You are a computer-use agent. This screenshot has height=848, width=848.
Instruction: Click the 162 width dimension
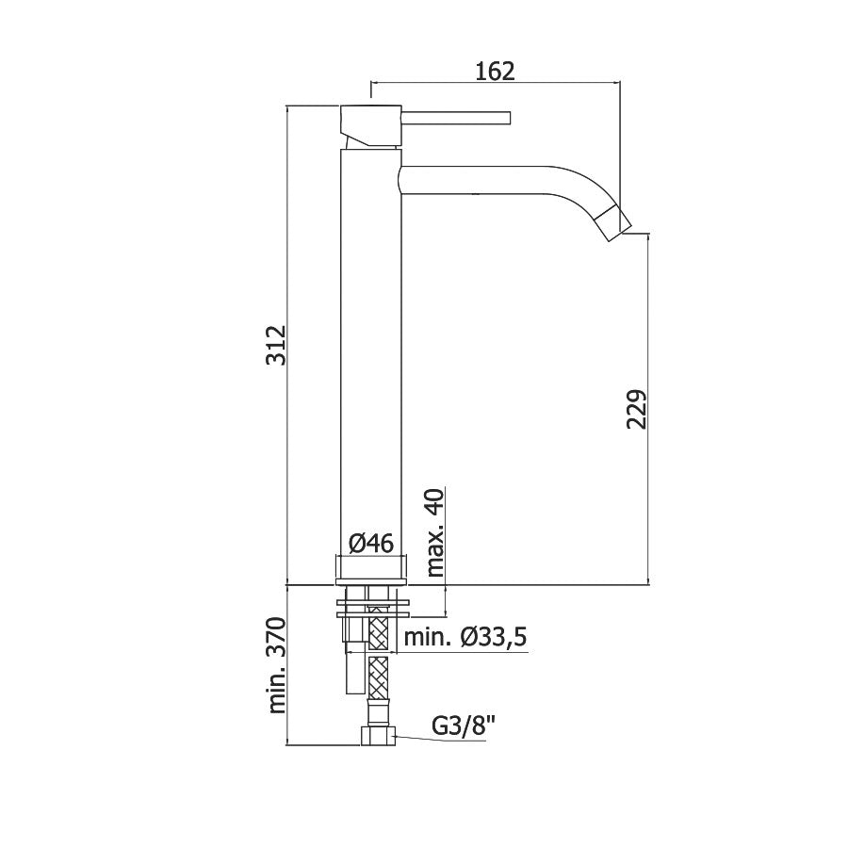[x=495, y=71]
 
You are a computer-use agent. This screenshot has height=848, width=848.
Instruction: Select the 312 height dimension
[x=277, y=345]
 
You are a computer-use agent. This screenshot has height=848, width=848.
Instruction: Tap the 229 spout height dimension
[x=637, y=409]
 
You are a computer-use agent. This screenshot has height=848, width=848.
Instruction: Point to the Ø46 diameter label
[x=371, y=543]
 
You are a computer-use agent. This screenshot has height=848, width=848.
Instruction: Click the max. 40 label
[x=435, y=532]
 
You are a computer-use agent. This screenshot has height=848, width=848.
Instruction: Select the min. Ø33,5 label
[x=465, y=637]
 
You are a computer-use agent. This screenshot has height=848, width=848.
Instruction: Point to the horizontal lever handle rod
[x=456, y=118]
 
